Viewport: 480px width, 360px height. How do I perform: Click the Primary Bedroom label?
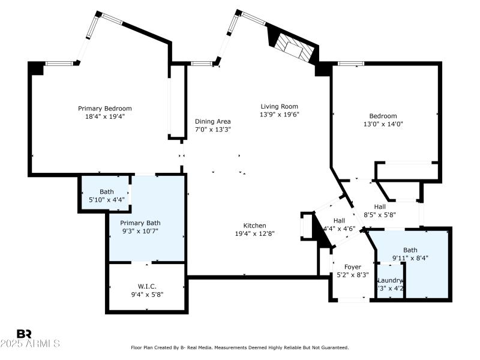click(104, 109)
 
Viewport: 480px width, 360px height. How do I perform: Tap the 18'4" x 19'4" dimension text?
click(104, 117)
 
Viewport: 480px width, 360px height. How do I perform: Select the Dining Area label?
click(212, 121)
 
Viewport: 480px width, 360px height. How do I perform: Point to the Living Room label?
click(279, 106)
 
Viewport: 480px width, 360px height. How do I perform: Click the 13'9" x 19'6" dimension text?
click(279, 114)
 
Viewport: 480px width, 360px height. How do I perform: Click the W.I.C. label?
click(147, 286)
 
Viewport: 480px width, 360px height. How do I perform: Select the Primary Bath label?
click(140, 223)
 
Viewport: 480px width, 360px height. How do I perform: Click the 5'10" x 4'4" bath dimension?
click(106, 200)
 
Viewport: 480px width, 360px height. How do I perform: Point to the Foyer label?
click(352, 267)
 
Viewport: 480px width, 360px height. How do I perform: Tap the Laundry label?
click(389, 280)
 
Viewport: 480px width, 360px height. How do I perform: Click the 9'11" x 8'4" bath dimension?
click(411, 258)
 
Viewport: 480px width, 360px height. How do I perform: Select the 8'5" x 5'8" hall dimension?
click(380, 214)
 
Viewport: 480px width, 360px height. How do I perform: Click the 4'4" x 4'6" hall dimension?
click(340, 229)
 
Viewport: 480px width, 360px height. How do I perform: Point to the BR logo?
click(24, 334)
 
